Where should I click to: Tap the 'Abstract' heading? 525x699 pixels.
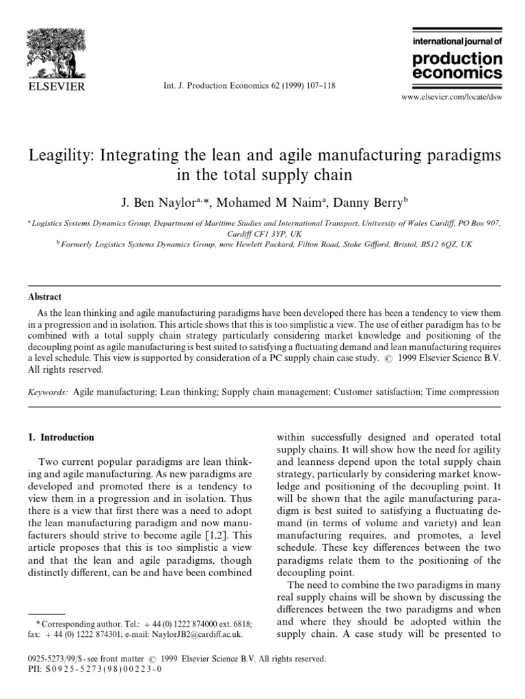44,297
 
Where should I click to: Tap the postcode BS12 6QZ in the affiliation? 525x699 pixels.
441,244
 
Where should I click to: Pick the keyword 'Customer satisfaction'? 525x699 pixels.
375,393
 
